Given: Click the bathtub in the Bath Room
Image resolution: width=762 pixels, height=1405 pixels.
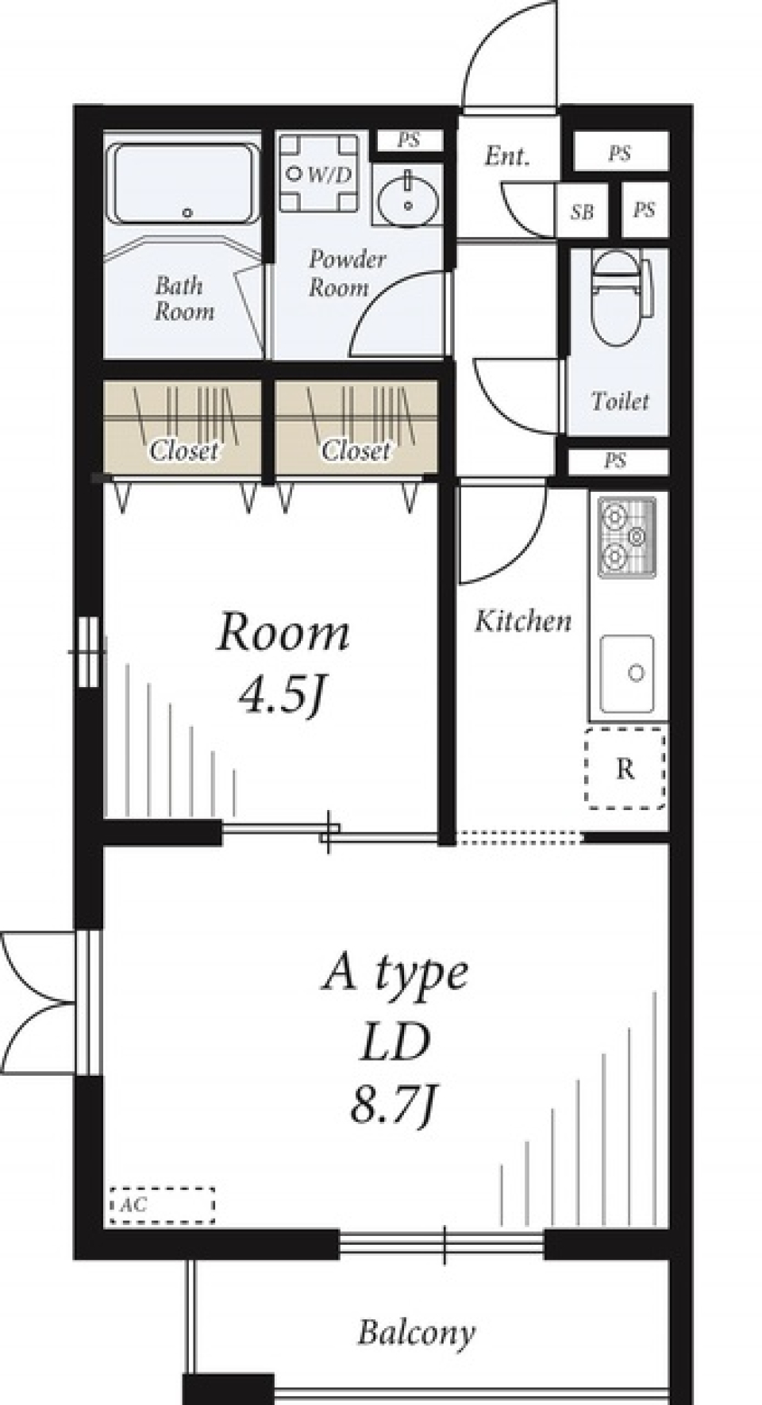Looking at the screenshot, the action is [x=184, y=183].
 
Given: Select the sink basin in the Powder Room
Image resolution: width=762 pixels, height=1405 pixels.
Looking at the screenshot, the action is [x=408, y=198].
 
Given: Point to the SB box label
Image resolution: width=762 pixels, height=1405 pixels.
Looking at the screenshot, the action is [x=582, y=212].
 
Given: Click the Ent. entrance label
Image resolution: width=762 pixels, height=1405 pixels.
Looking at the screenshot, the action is [x=506, y=156].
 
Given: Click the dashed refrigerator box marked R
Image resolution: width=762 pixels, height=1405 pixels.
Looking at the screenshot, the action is [x=625, y=768].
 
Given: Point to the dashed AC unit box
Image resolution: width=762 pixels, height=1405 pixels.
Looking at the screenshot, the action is [x=162, y=1204].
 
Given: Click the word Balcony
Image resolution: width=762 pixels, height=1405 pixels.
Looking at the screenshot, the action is [x=416, y=1333].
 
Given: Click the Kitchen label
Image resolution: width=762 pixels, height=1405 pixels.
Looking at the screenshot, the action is [x=523, y=620].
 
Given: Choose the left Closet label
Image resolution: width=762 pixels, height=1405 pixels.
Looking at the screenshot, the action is [x=183, y=451].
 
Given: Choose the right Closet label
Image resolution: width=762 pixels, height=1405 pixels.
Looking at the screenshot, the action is [x=356, y=451].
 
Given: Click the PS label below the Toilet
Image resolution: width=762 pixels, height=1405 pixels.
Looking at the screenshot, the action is [x=615, y=460].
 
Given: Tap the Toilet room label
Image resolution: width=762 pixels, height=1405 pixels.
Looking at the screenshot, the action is [x=620, y=401].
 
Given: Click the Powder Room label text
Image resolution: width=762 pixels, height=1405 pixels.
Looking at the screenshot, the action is [x=347, y=273].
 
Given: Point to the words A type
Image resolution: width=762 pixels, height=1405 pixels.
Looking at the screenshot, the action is [x=394, y=973].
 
